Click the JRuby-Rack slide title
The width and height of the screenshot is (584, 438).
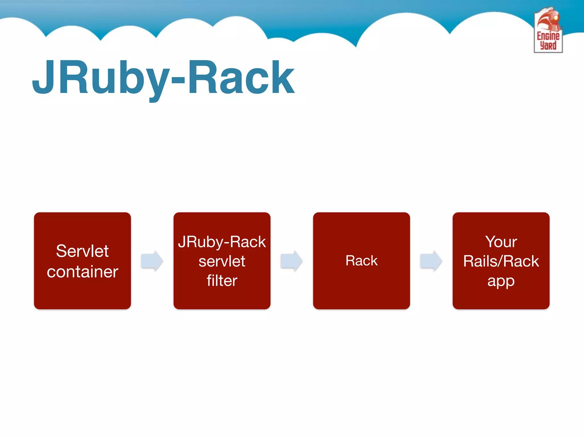pyautogui.click(x=163, y=78)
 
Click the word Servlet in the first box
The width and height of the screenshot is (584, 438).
pyautogui.click(x=82, y=251)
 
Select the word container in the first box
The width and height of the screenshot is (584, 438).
pyautogui.click(x=82, y=272)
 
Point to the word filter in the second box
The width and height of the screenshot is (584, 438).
pyautogui.click(x=222, y=281)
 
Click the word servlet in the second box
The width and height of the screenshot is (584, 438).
pyautogui.click(x=222, y=261)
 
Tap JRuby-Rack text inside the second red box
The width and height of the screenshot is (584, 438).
pyautogui.click(x=222, y=242)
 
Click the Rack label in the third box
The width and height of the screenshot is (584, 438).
pyautogui.click(x=361, y=261)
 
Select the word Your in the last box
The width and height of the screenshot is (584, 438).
pyautogui.click(x=501, y=242)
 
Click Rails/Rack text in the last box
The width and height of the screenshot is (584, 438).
pyautogui.click(x=501, y=261)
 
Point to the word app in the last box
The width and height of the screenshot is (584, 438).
pyautogui.click(x=501, y=281)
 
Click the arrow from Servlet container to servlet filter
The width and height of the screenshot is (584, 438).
pyautogui.click(x=152, y=261)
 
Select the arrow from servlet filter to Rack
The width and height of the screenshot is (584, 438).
pyautogui.click(x=291, y=261)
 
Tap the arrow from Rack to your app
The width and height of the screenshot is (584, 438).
pyautogui.click(x=431, y=261)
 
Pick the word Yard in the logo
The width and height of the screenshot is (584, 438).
pyautogui.click(x=548, y=46)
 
